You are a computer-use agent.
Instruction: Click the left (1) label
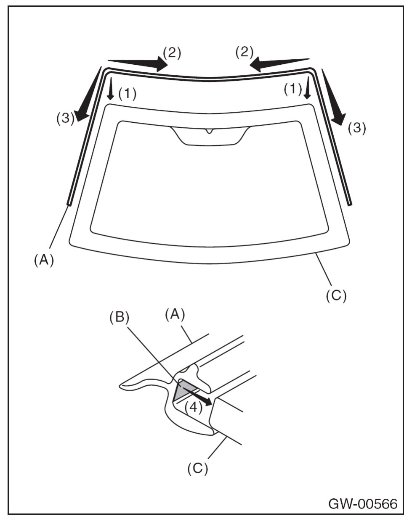point(128,93)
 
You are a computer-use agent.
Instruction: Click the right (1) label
point(293,89)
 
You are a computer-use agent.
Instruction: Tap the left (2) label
point(172,53)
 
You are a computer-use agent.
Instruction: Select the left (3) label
point(66,118)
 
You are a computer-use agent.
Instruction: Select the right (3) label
point(357,128)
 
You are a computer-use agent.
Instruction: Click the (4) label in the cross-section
point(193,407)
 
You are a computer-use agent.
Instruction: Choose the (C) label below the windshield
point(336,295)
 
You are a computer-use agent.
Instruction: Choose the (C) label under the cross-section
point(198,468)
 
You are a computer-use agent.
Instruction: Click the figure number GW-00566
point(363,503)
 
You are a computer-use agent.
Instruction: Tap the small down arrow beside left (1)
point(111,88)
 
